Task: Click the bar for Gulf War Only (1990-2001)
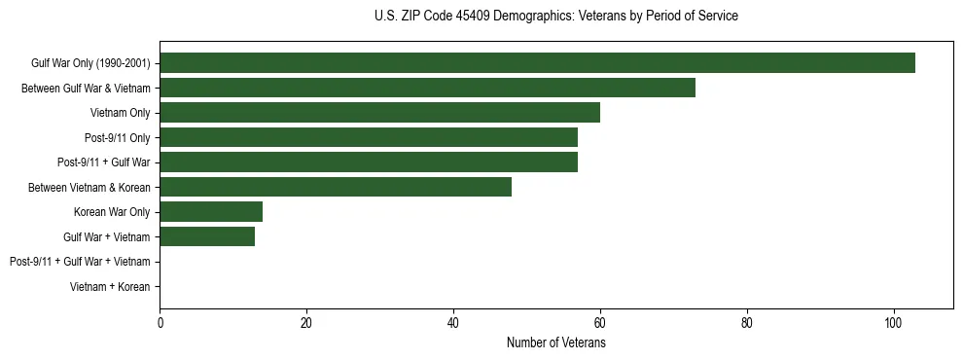537,63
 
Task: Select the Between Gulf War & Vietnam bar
427,88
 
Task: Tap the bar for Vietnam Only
379,113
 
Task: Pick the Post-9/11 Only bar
369,137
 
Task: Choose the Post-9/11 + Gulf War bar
369,162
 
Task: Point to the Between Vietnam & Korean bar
336,187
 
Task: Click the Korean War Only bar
211,211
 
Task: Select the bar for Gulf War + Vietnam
207,236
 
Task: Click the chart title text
555,17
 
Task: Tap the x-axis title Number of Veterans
555,342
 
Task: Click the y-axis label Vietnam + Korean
110,286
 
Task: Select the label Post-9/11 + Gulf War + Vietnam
80,261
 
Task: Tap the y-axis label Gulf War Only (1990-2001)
90,63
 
